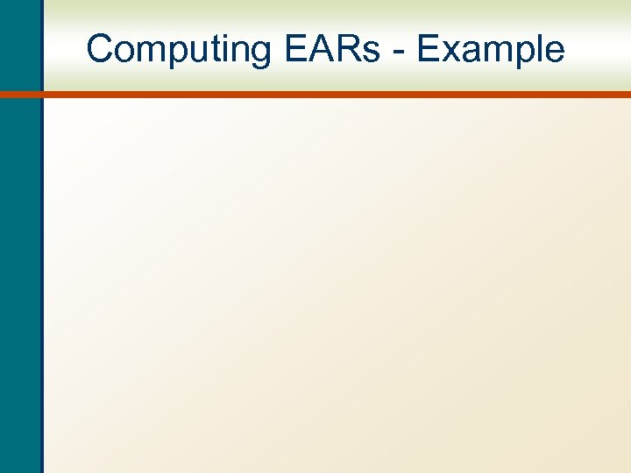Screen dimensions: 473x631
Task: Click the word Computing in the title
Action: tap(180, 50)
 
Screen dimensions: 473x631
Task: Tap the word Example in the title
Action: tap(491, 50)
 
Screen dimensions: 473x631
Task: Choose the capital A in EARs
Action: tap(319, 49)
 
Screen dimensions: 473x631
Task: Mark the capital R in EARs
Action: tap(345, 49)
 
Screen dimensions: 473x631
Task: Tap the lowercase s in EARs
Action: tap(368, 53)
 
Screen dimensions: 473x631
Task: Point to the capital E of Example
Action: tap(429, 49)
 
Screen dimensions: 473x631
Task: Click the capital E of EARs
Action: tap(295, 49)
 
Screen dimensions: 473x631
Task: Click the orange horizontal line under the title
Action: tap(333, 95)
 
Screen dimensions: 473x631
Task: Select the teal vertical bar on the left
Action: tap(20, 263)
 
